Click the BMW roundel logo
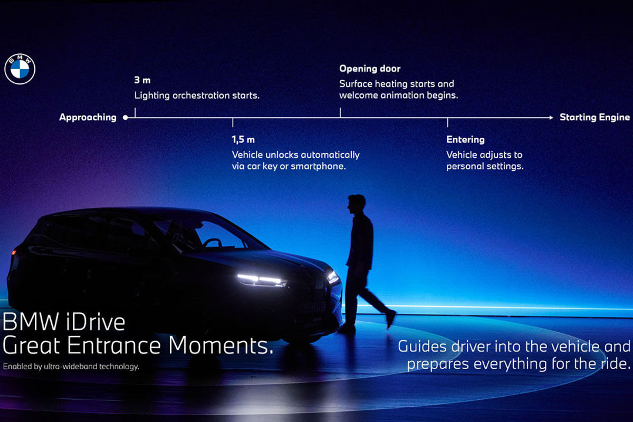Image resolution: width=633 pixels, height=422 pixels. [20, 69]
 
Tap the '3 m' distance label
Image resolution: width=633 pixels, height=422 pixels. [142, 80]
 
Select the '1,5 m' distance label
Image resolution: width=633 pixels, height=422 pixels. [243, 140]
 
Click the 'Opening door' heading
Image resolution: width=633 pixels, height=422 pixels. [370, 69]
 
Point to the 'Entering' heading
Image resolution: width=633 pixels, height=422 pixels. [465, 140]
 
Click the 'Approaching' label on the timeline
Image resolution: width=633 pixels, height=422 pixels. [88, 117]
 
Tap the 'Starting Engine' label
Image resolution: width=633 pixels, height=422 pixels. [595, 117]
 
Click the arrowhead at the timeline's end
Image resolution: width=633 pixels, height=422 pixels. [551, 118]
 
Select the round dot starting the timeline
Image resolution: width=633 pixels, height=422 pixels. [126, 118]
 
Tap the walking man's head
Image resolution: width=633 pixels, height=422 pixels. [356, 204]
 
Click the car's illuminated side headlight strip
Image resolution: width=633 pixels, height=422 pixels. [262, 280]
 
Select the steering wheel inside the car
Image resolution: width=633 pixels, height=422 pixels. [212, 243]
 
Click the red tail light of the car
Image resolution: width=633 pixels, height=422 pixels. [14, 252]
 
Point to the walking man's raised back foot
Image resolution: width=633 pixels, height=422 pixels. [391, 319]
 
